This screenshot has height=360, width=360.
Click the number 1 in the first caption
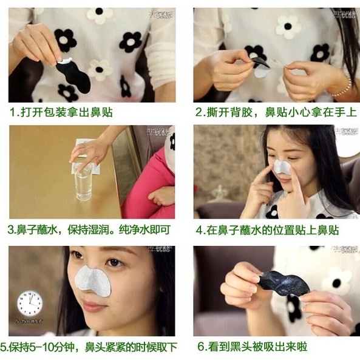coord(12,113)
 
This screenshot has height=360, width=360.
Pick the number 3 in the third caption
coord(12,230)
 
